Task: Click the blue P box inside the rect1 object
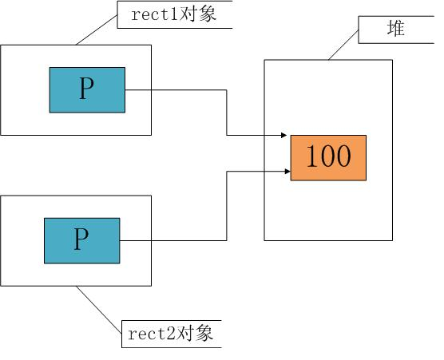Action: pyautogui.click(x=87, y=90)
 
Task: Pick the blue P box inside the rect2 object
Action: pyautogui.click(x=81, y=240)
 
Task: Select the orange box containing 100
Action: pyautogui.click(x=328, y=157)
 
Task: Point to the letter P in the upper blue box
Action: pyautogui.click(x=86, y=90)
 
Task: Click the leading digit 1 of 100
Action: pyautogui.click(x=311, y=157)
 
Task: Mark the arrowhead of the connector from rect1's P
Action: pyautogui.click(x=285, y=136)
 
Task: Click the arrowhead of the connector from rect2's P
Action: pyautogui.click(x=285, y=170)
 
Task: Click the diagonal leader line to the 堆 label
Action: pyautogui.click(x=343, y=45)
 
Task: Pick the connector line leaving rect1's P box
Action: pyautogui.click(x=176, y=90)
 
